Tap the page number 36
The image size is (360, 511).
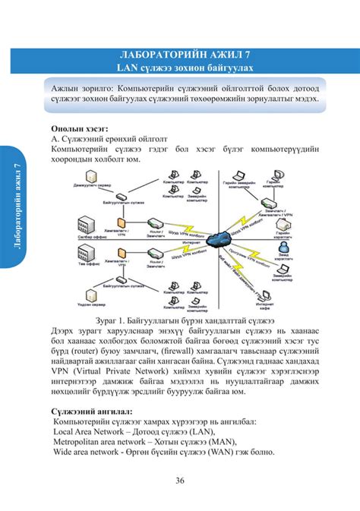(181, 479)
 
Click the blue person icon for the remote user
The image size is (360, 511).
(282, 248)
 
